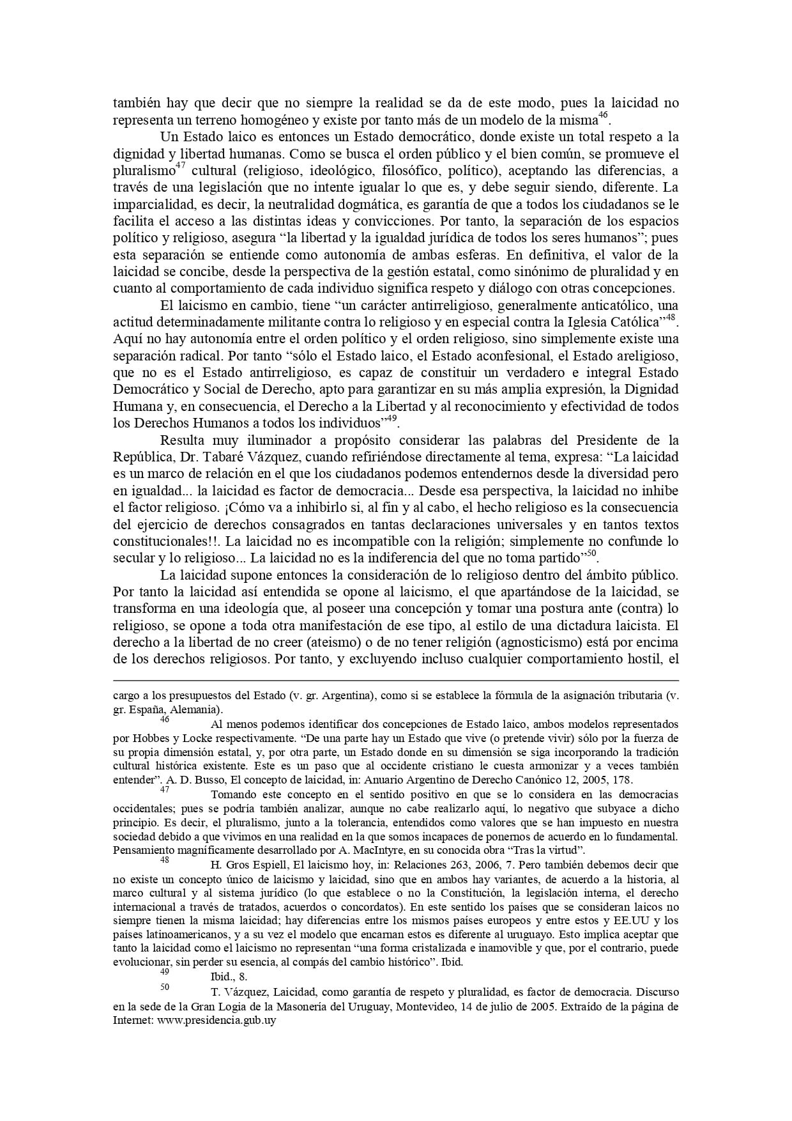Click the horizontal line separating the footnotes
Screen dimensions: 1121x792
[x=396, y=681]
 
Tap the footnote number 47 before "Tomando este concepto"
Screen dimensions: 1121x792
[x=165, y=790]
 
